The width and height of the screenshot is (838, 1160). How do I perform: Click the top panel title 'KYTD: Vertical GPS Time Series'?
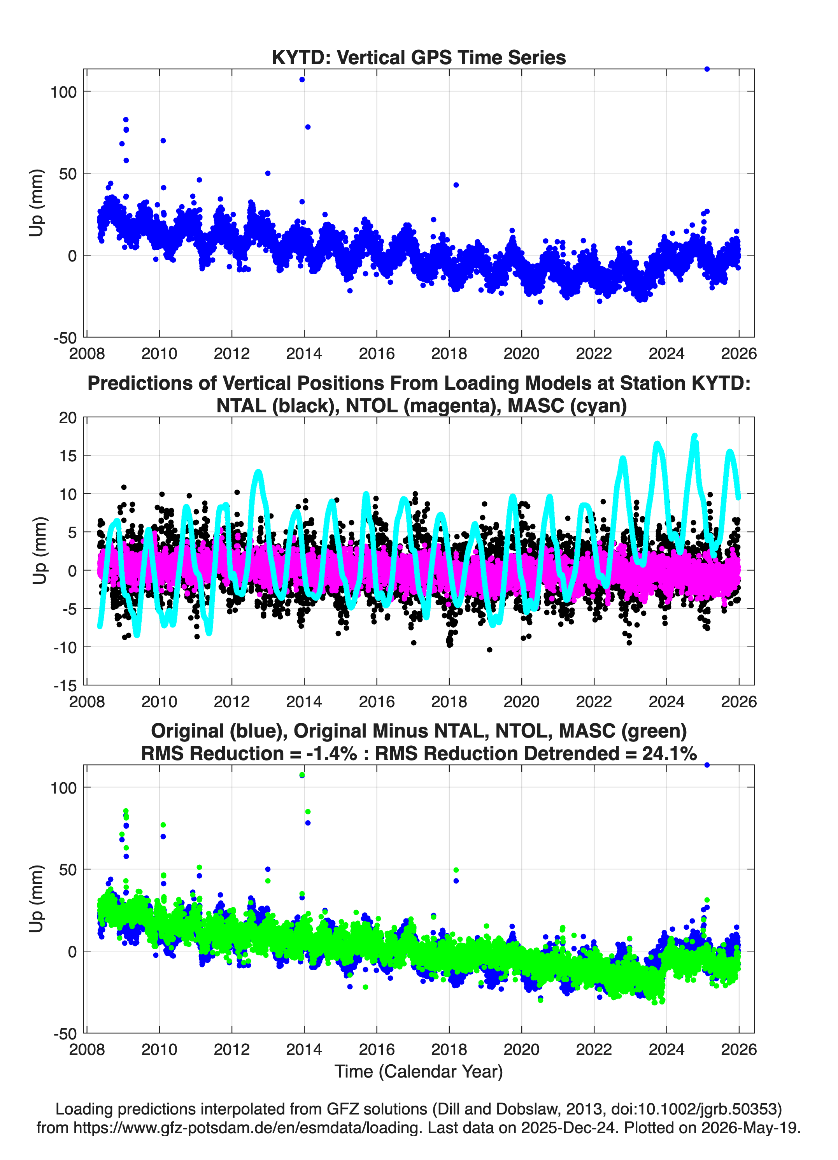pyautogui.click(x=419, y=57)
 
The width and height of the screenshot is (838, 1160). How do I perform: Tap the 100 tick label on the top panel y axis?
pyautogui.click(x=63, y=92)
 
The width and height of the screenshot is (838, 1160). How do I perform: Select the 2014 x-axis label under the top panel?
pyautogui.click(x=304, y=354)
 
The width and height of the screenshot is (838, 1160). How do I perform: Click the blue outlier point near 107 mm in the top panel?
pyautogui.click(x=302, y=79)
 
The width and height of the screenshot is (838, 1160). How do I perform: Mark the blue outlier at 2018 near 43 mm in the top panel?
pyautogui.click(x=456, y=185)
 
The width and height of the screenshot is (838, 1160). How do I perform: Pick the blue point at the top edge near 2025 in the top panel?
pyautogui.click(x=707, y=69)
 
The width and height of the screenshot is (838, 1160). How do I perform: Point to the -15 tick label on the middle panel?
pyautogui.click(x=65, y=686)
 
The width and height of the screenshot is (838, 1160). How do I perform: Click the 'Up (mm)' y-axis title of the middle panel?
pyautogui.click(x=39, y=551)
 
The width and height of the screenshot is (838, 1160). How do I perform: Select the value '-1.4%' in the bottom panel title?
pyautogui.click(x=331, y=753)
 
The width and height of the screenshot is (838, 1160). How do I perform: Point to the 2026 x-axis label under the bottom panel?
pyautogui.click(x=739, y=1049)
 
